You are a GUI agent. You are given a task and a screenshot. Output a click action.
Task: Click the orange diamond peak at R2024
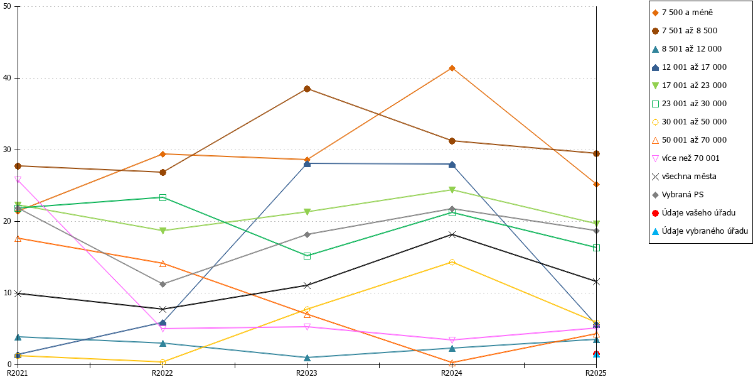(452, 68)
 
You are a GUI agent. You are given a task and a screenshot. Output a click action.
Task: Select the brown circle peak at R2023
(307, 89)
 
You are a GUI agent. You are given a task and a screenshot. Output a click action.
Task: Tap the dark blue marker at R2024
(452, 165)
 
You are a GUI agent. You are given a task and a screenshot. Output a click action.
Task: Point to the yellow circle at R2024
(452, 262)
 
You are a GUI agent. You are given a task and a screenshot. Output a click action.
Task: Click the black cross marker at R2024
(452, 234)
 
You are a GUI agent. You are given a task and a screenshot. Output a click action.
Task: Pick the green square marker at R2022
(163, 197)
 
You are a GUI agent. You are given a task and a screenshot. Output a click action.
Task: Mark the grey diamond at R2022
(163, 285)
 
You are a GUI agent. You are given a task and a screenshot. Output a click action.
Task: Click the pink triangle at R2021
(18, 180)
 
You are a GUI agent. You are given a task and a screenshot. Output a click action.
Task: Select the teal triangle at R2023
(307, 358)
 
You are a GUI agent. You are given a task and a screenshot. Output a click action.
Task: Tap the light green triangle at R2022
(163, 231)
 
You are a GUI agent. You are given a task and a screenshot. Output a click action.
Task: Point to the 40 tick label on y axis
(7, 78)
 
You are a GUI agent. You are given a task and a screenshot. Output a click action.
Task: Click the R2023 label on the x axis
(307, 373)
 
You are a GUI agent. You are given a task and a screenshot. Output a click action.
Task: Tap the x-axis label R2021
(18, 373)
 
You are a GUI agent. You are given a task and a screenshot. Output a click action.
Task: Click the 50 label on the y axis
(7, 6)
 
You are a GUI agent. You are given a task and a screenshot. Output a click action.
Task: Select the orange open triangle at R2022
(163, 263)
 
